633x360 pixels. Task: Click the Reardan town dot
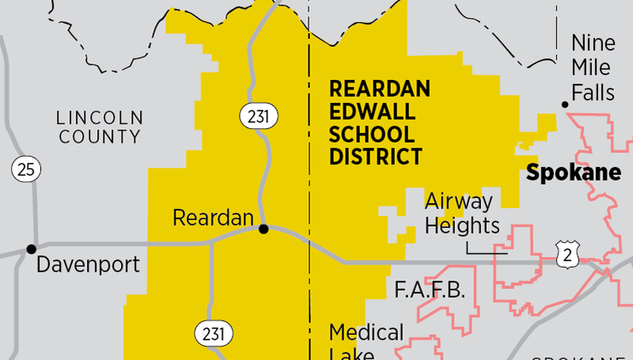(264, 229)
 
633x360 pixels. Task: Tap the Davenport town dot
(32, 248)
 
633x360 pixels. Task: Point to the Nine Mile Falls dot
(565, 104)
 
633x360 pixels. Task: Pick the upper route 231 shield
(258, 116)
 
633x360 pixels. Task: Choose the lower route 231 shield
(213, 334)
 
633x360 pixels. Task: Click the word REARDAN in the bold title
(379, 89)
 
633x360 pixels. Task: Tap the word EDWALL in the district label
(372, 112)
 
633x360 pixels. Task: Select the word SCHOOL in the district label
(372, 134)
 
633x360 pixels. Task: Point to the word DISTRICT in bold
(376, 157)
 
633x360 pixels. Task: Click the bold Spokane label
(574, 172)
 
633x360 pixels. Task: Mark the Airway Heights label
(461, 213)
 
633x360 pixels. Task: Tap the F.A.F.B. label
(430, 290)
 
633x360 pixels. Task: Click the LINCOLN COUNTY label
(100, 127)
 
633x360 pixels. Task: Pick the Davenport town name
(88, 264)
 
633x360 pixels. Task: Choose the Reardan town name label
(213, 218)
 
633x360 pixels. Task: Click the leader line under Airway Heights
(486, 254)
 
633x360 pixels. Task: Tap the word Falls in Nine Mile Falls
(593, 93)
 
